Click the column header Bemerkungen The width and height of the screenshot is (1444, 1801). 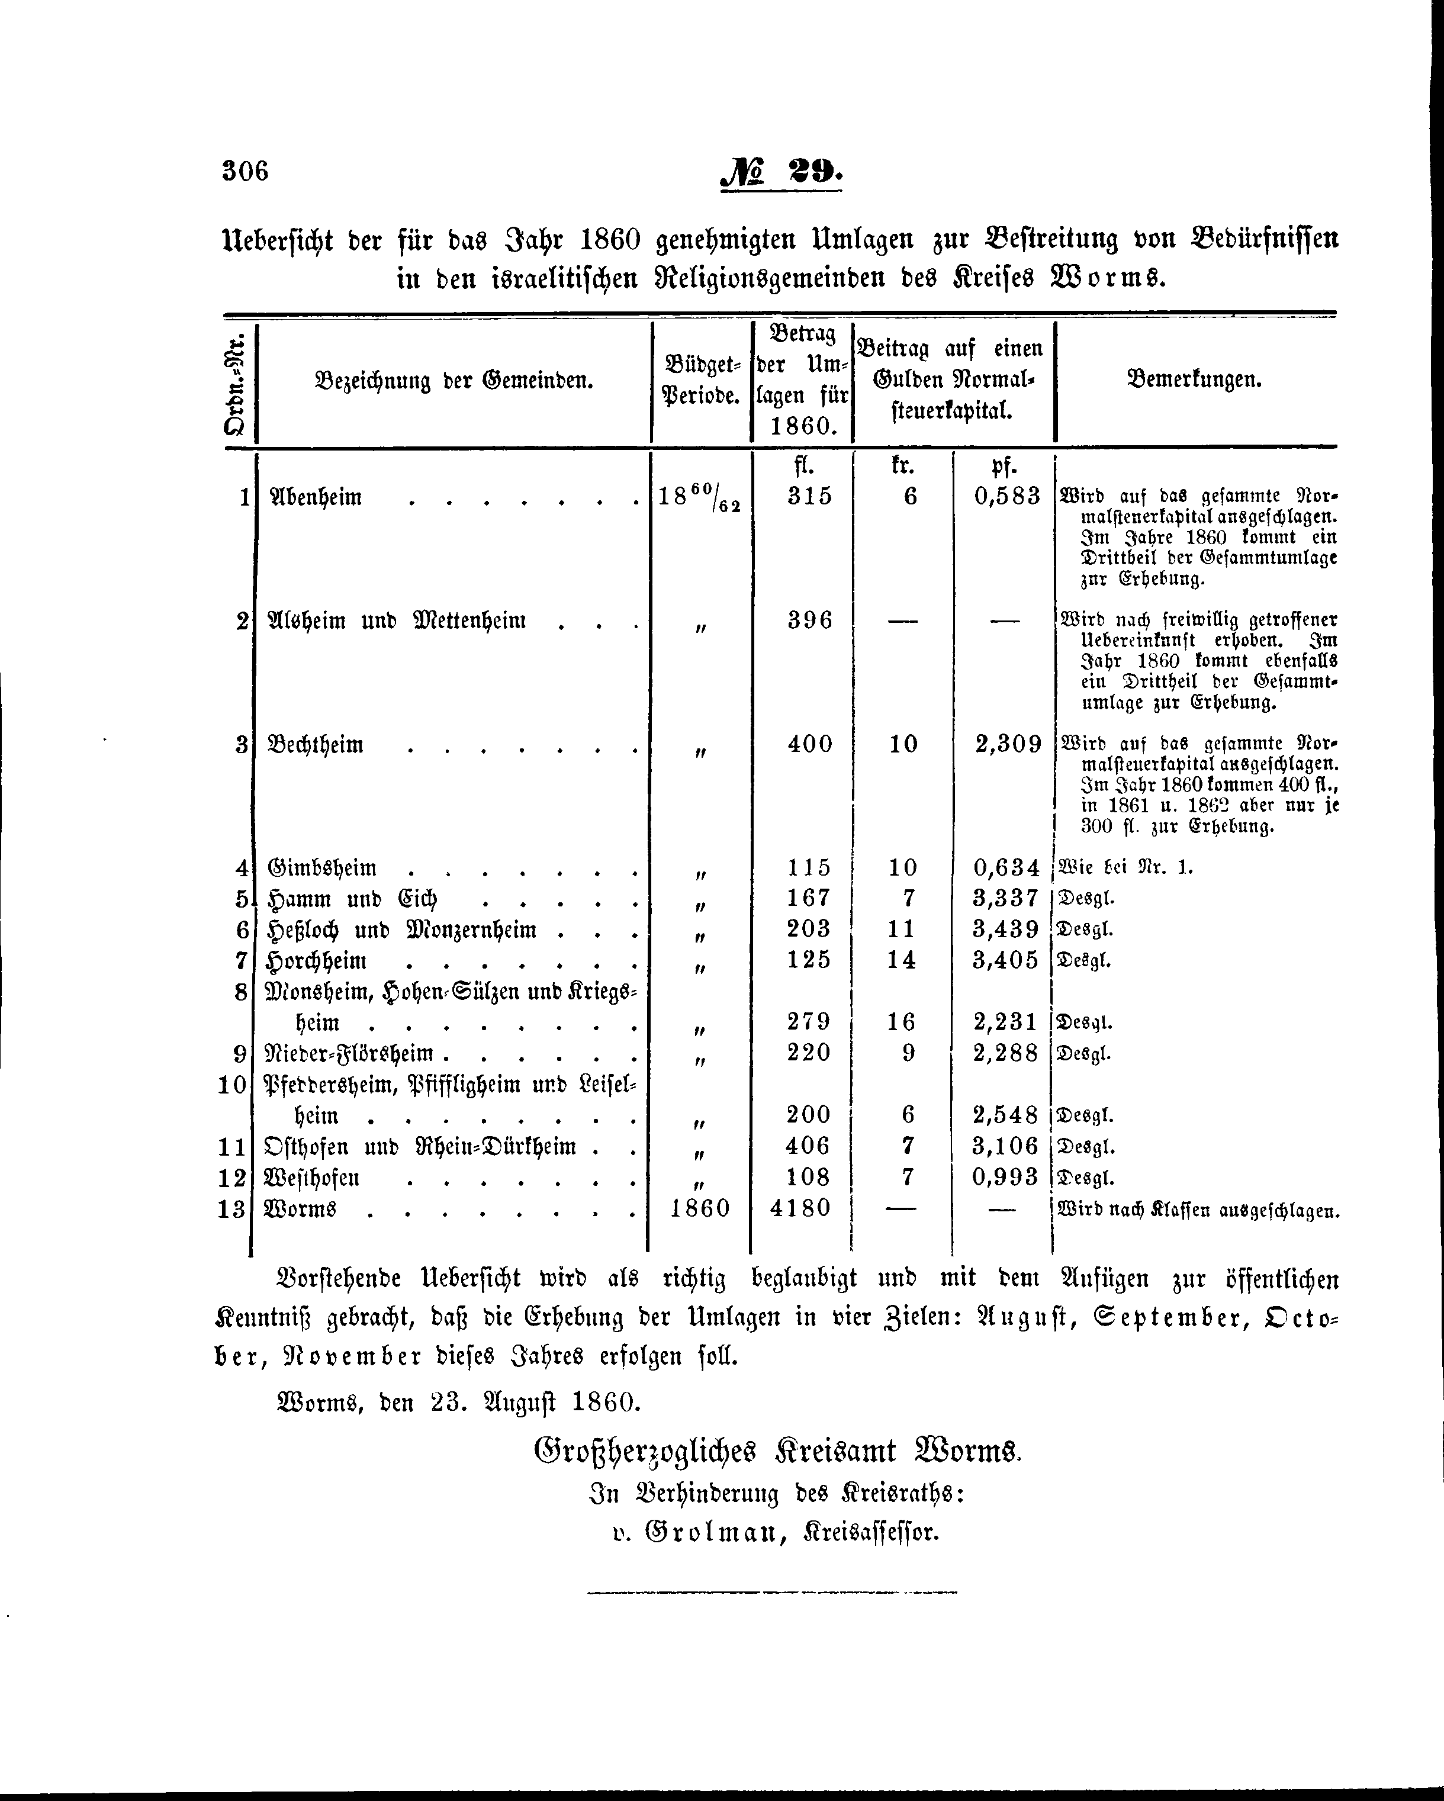1194,381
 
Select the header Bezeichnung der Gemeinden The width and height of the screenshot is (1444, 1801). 454,382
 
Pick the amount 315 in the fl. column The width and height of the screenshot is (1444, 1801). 809,496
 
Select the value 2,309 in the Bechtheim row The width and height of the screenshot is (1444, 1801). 1008,744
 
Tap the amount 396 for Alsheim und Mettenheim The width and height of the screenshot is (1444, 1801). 809,620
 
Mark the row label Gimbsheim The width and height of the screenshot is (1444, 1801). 321,868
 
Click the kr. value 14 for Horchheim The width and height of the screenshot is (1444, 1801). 901,960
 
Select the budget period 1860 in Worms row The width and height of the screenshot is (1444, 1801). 700,1208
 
